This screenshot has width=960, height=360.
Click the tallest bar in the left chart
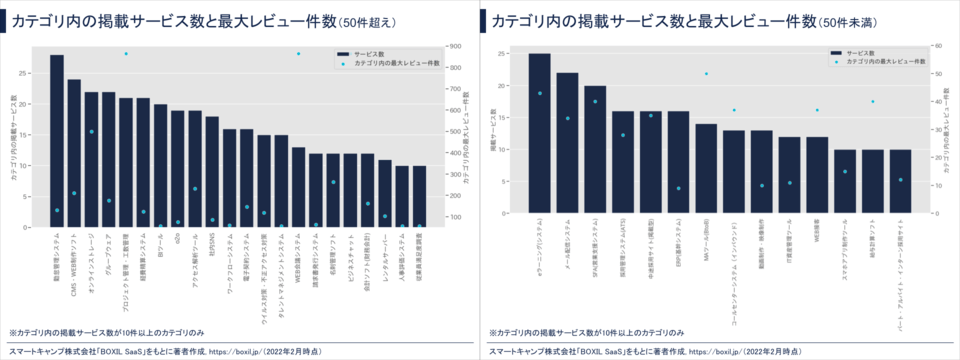[57, 141]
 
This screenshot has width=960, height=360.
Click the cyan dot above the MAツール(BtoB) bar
[706, 73]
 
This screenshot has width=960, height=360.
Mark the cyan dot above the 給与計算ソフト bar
[872, 101]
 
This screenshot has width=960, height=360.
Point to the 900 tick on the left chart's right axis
[455, 46]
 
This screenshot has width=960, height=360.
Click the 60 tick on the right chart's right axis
[936, 45]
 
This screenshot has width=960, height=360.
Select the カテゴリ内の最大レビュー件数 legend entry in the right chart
[881, 61]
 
